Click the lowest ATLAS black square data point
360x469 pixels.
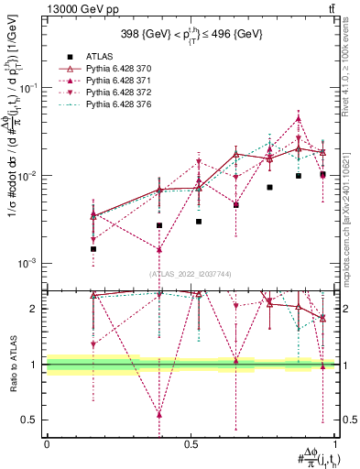tap(93, 248)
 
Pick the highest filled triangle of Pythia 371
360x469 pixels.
tap(299, 118)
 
